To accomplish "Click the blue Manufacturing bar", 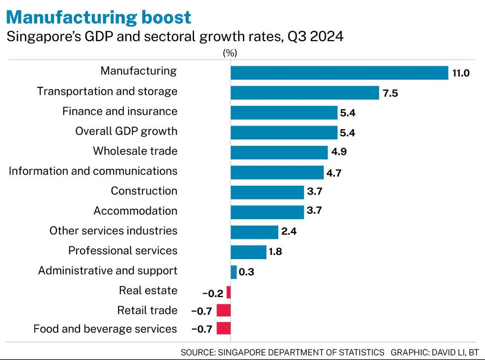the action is click(339, 73).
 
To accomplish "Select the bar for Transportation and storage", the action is click(305, 93).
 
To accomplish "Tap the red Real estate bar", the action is click(228, 292).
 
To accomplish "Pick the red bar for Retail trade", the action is click(224, 310).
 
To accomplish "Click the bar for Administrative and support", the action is click(234, 272).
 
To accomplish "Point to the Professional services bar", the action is click(248, 252).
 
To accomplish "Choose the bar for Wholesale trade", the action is click(279, 153).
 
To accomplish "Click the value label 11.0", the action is click(461, 73).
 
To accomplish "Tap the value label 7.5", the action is click(391, 94).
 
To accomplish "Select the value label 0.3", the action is click(246, 272).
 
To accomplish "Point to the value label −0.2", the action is click(213, 293).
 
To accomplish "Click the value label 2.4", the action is click(289, 231).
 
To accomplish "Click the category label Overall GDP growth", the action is click(126, 131).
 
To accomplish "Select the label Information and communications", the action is click(93, 171).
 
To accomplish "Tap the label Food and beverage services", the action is click(105, 329).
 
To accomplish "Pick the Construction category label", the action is click(144, 191).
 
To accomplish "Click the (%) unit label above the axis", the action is click(230, 53).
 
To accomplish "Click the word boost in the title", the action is click(166, 17).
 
